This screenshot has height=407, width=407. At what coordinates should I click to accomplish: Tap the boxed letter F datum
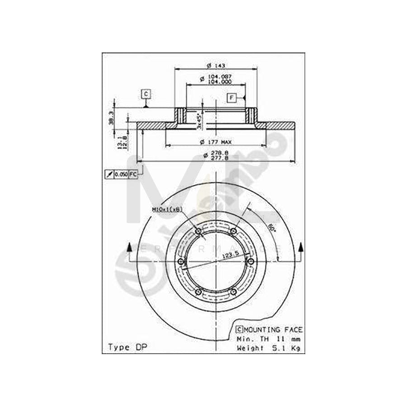[232, 98]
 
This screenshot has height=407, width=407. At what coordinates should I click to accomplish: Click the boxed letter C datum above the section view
[146, 94]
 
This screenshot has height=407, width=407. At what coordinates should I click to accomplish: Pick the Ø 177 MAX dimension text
[215, 142]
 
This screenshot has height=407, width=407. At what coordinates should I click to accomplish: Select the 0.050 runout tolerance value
[121, 174]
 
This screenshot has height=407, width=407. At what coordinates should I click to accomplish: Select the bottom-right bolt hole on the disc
[233, 293]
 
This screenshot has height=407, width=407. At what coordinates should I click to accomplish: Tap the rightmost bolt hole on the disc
[251, 262]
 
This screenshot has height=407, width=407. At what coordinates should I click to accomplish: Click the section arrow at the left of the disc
[130, 248]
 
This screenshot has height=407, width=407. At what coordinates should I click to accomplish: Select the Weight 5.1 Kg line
[269, 348]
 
